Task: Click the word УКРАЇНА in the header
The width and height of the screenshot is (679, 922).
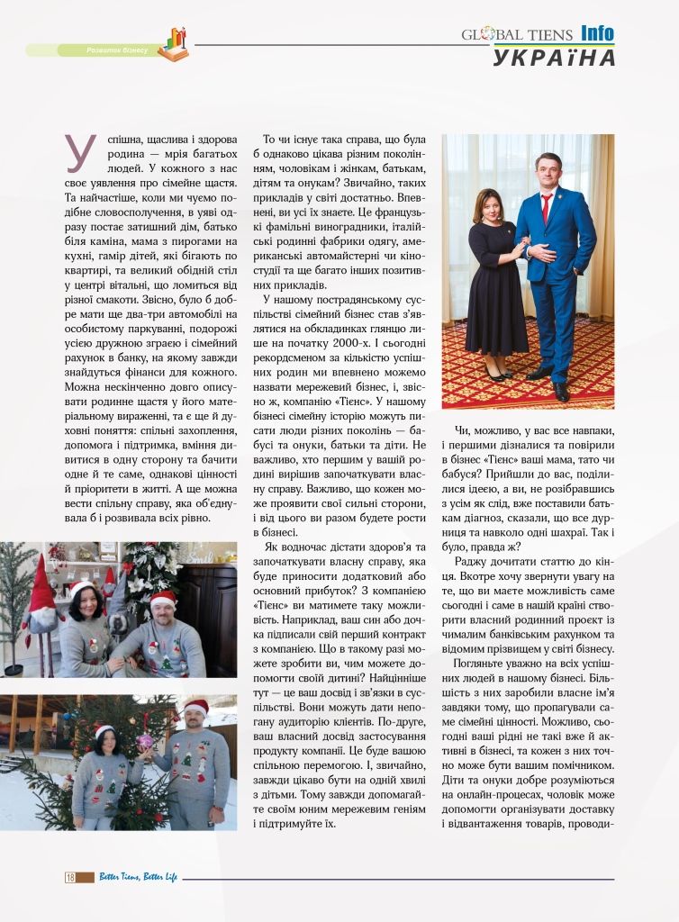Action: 554,57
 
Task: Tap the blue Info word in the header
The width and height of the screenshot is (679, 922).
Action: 597,34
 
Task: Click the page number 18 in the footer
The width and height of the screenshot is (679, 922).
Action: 70,877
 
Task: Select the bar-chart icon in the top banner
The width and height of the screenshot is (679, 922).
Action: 174,43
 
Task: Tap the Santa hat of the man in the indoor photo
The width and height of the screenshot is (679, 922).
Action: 163,599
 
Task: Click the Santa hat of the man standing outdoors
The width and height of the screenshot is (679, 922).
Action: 195,708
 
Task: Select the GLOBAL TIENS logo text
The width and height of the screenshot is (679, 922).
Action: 517,35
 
